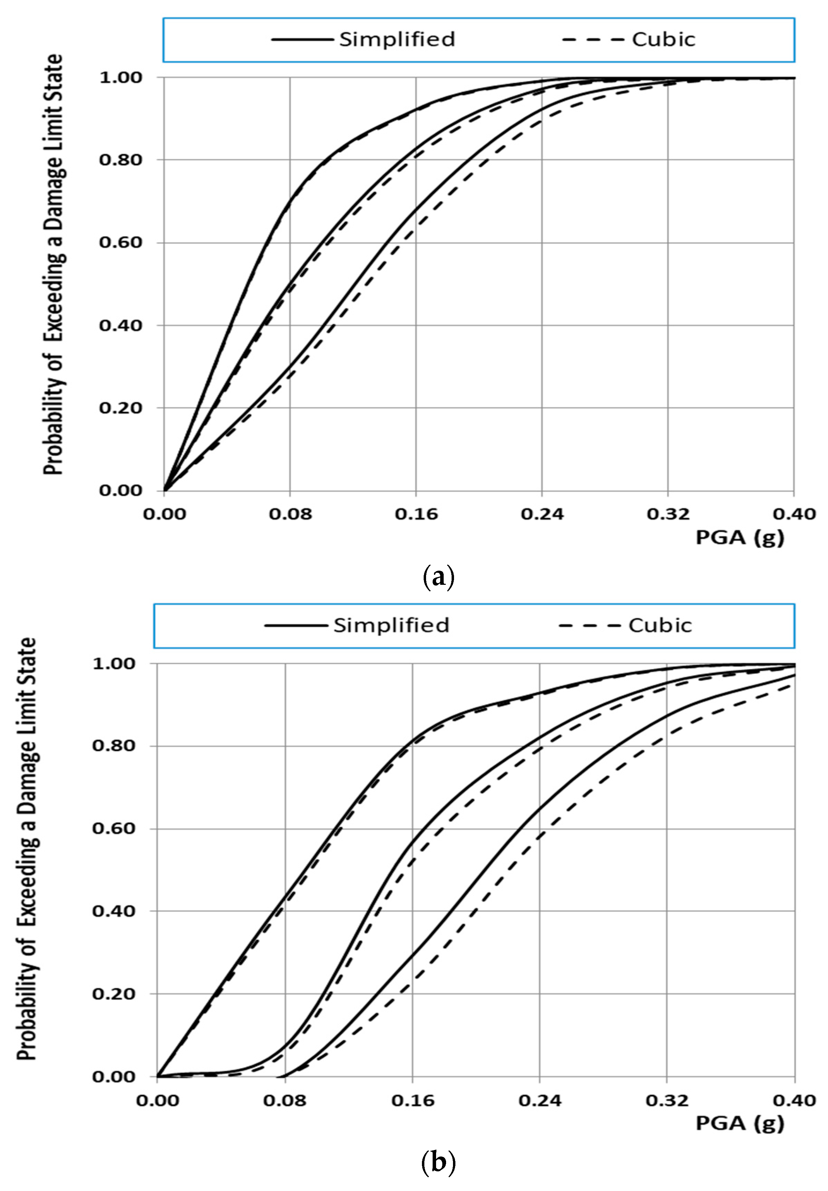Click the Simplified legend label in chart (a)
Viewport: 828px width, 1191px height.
point(397,39)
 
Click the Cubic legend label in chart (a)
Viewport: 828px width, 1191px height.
point(663,39)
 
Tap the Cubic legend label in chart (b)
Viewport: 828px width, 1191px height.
point(660,625)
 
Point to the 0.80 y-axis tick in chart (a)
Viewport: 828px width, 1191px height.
point(120,160)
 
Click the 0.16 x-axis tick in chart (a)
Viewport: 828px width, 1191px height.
point(416,514)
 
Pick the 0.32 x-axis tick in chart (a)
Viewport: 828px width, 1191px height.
point(668,514)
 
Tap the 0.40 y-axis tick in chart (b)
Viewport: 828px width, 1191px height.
point(113,911)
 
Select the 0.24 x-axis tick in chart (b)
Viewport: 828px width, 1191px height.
point(540,1100)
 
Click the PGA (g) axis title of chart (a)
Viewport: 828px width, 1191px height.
point(739,538)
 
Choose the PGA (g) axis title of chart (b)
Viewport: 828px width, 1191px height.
point(739,1123)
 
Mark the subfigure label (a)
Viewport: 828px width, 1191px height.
point(438,576)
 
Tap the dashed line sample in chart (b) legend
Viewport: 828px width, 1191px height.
point(590,625)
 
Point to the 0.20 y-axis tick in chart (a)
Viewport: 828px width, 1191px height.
point(120,408)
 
